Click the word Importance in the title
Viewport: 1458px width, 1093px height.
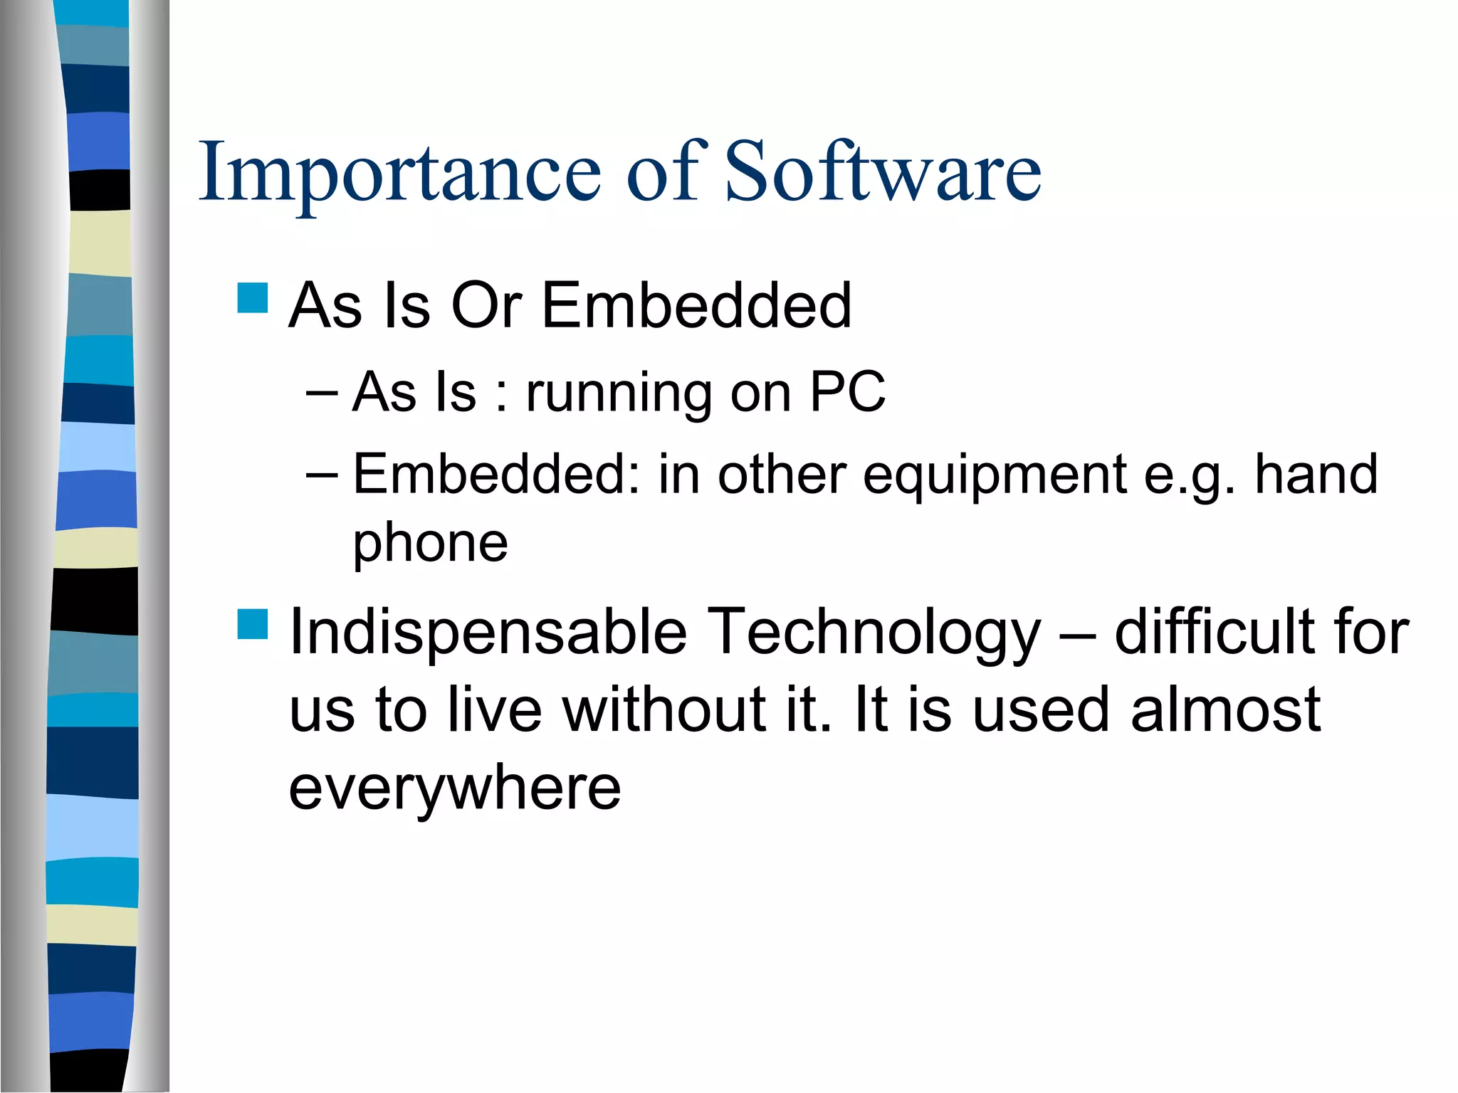399,172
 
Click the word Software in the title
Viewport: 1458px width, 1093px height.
882,172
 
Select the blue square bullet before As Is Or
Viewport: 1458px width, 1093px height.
253,298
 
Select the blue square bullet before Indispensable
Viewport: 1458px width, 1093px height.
253,624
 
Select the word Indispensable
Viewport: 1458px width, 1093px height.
488,632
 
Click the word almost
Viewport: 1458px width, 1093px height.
1225,709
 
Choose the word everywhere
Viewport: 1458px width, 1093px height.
454,788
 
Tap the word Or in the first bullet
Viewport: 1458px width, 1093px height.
487,305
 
